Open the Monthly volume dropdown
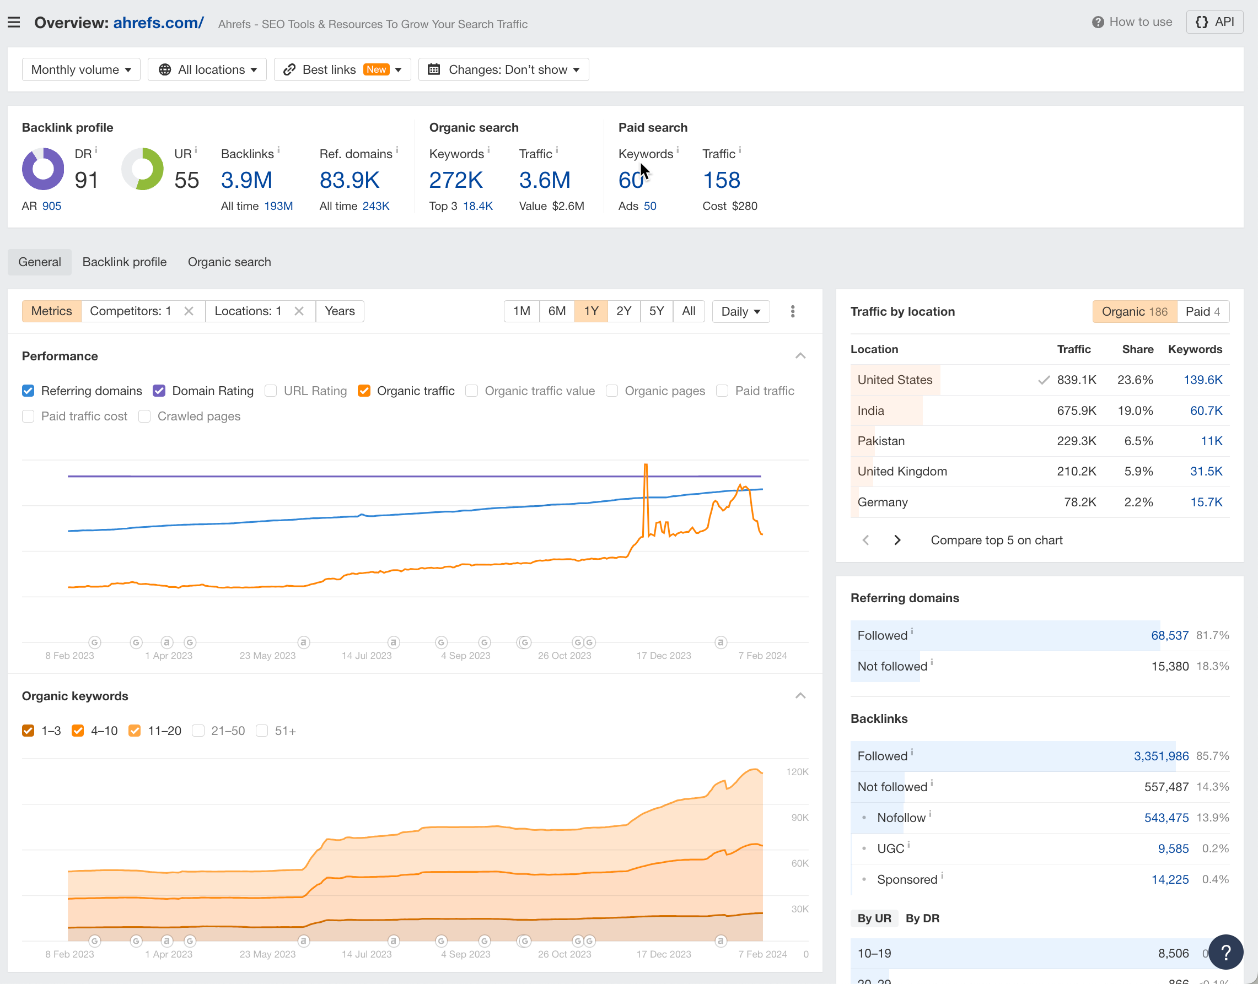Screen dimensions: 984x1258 coord(80,70)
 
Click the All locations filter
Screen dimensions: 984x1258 coord(207,70)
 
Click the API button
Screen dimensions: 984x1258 coord(1214,22)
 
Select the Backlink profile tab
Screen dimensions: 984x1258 coord(125,262)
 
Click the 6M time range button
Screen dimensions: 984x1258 coord(556,311)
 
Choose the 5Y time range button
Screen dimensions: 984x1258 coord(656,311)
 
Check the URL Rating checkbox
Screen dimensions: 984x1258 coord(270,391)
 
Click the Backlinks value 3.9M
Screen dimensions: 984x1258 coord(246,180)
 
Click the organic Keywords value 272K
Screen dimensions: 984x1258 coord(455,180)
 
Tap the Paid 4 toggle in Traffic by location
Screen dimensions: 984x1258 coord(1203,312)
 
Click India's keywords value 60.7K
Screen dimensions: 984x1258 coord(1206,411)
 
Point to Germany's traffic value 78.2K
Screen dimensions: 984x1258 coord(1079,502)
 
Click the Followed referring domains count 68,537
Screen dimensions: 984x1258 coord(1169,635)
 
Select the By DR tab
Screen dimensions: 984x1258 coord(922,918)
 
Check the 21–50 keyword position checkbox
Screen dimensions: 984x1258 coord(198,731)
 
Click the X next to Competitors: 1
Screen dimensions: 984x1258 coord(189,311)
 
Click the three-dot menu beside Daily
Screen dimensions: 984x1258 coord(793,312)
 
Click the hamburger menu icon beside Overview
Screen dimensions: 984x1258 coord(14,23)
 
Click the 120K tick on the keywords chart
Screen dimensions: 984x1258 coord(797,772)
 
